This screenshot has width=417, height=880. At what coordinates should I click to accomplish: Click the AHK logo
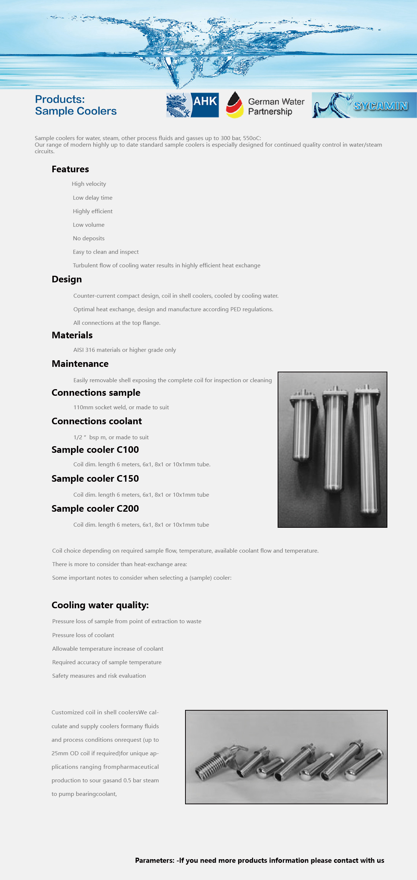pyautogui.click(x=192, y=105)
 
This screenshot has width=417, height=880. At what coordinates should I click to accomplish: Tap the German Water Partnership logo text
pyautogui.click(x=276, y=106)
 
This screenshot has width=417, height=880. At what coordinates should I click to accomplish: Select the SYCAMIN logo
pyautogui.click(x=364, y=105)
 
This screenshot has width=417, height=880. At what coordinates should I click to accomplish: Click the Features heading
pyautogui.click(x=70, y=169)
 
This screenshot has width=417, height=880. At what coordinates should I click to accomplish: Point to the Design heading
pyautogui.click(x=67, y=279)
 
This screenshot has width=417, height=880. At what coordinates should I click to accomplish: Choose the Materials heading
pyautogui.click(x=72, y=335)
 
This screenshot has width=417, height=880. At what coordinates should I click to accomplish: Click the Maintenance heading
pyautogui.click(x=80, y=364)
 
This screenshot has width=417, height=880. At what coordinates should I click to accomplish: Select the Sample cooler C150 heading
pyautogui.click(x=95, y=478)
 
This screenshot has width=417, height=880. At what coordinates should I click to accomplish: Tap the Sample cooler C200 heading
pyautogui.click(x=95, y=508)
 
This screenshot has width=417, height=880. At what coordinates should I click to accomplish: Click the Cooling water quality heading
pyautogui.click(x=100, y=605)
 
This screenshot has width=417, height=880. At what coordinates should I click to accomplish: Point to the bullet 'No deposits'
pyautogui.click(x=89, y=238)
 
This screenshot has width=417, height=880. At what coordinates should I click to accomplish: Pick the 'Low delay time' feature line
pyautogui.click(x=93, y=198)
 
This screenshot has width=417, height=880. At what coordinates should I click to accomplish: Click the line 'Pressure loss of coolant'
pyautogui.click(x=83, y=635)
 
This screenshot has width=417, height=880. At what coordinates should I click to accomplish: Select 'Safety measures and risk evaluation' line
pyautogui.click(x=99, y=676)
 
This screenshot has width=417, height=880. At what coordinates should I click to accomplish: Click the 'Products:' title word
pyautogui.click(x=60, y=99)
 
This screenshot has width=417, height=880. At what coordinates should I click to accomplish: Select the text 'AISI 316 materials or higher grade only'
pyautogui.click(x=124, y=350)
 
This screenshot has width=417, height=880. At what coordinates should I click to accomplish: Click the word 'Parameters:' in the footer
pyautogui.click(x=155, y=860)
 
